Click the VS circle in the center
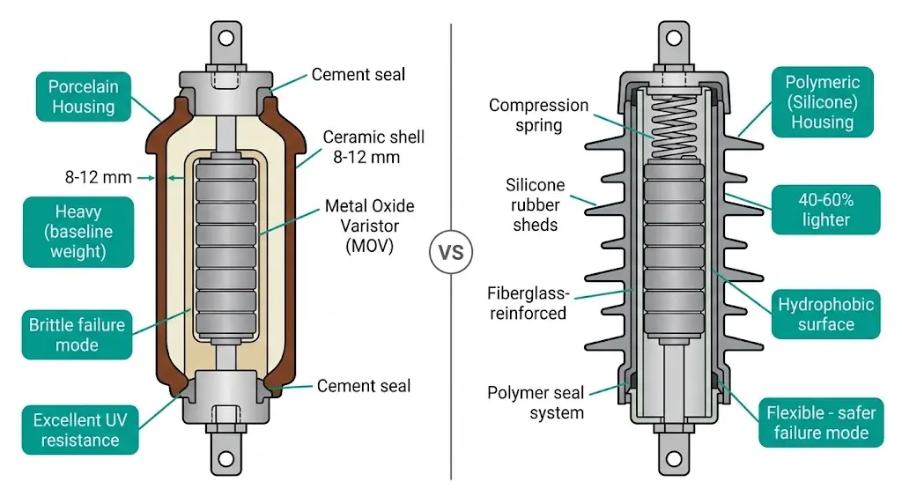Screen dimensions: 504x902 pyautogui.click(x=451, y=252)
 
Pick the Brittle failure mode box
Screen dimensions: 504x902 pyautogui.click(x=78, y=334)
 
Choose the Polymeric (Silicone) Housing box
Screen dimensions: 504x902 pyautogui.click(x=822, y=102)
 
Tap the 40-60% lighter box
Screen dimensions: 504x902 pyautogui.click(x=825, y=210)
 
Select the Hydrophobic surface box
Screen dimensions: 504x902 pyautogui.click(x=825, y=315)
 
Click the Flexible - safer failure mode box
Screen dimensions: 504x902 pyautogui.click(x=818, y=423)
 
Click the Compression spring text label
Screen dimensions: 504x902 pyautogui.click(x=538, y=115)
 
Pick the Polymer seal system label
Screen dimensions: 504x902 pyautogui.click(x=535, y=403)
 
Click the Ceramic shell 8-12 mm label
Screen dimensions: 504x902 pyautogui.click(x=373, y=147)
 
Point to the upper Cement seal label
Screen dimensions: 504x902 pyautogui.click(x=359, y=75)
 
